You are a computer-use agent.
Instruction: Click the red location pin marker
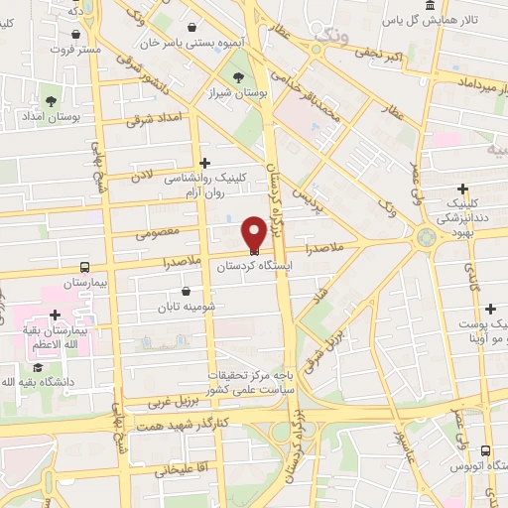click(254, 233)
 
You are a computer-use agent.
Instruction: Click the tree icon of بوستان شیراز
click(237, 78)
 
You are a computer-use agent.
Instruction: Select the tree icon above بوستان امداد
click(51, 101)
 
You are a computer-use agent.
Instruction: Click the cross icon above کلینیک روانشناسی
click(205, 163)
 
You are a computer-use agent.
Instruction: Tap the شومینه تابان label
click(187, 308)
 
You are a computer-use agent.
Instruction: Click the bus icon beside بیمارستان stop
click(84, 267)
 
